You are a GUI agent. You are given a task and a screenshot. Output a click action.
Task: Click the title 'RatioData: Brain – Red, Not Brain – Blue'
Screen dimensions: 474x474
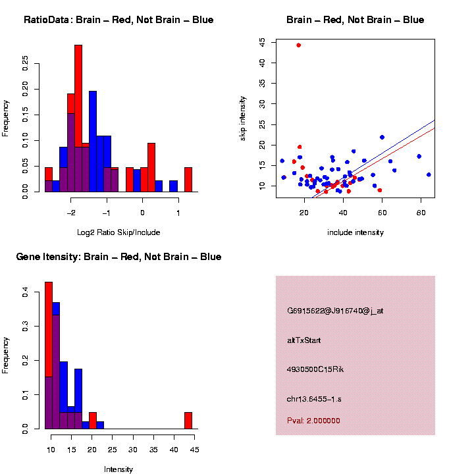click(118, 20)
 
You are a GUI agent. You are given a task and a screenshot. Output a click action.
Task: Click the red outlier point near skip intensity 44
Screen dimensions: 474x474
click(298, 45)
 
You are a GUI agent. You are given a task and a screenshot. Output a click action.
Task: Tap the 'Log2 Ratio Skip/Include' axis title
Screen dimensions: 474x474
click(118, 232)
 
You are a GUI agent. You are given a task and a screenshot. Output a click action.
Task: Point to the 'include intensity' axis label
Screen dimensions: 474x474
click(355, 232)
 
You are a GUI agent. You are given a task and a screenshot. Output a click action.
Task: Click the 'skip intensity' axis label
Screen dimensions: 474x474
click(243, 118)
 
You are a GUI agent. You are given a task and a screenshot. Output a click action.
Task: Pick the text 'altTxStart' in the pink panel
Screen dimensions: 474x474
click(303, 340)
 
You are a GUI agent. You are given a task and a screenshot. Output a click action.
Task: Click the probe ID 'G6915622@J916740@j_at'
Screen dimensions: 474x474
click(335, 311)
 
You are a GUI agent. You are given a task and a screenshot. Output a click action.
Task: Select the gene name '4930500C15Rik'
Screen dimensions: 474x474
click(315, 369)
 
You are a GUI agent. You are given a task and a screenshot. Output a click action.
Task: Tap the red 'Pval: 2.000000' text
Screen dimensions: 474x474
click(313, 420)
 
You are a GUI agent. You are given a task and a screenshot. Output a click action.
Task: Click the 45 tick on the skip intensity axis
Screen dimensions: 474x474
click(263, 42)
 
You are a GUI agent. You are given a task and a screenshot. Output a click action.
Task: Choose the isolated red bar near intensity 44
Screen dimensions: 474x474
click(188, 421)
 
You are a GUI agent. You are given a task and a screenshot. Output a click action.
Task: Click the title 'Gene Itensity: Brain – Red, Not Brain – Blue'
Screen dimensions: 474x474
click(118, 257)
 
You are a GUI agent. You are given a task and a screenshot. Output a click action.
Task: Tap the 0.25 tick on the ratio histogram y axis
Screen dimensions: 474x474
click(26, 63)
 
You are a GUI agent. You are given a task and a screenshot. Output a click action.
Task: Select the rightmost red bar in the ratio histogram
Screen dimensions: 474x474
click(188, 180)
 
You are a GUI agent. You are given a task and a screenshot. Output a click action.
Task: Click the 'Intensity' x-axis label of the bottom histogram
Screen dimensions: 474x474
click(118, 469)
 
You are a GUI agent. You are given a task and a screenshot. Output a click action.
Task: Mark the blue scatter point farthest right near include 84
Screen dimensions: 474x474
click(429, 174)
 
